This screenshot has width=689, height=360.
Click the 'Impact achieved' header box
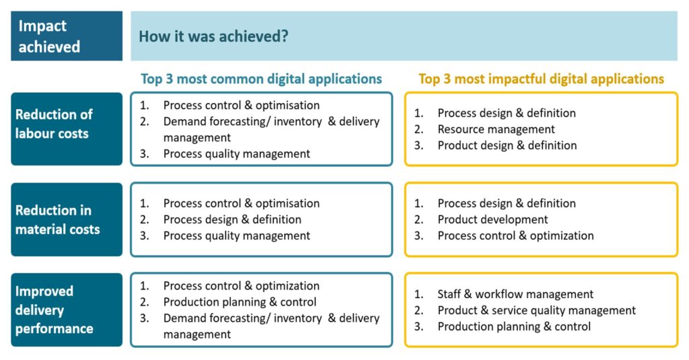tap(67, 36)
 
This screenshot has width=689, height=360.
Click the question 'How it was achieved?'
tap(213, 36)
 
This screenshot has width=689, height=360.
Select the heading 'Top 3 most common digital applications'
tap(261, 79)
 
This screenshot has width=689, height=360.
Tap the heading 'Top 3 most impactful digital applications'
tap(541, 79)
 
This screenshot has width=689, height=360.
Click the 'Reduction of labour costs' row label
tap(67, 129)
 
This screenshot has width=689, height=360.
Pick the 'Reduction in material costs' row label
tap(67, 219)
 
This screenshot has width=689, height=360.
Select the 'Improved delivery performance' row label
tap(67, 310)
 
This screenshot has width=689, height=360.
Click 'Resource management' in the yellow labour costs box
tap(496, 129)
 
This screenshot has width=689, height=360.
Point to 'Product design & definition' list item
tap(507, 145)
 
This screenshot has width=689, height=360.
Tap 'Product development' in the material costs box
tap(493, 219)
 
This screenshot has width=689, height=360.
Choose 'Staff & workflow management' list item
tap(515, 294)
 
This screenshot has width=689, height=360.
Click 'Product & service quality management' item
tap(536, 310)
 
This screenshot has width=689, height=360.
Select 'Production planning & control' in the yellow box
tap(514, 326)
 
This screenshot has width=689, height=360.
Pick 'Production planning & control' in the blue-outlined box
tap(240, 302)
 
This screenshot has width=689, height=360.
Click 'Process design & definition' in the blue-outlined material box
tap(232, 219)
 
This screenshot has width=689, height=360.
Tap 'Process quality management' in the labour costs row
tap(237, 154)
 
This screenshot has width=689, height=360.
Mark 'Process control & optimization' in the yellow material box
tap(515, 236)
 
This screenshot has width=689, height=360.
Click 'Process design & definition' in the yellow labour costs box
tap(507, 113)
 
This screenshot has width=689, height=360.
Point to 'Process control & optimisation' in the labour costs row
tap(242, 106)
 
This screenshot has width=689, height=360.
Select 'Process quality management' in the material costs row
tap(237, 236)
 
